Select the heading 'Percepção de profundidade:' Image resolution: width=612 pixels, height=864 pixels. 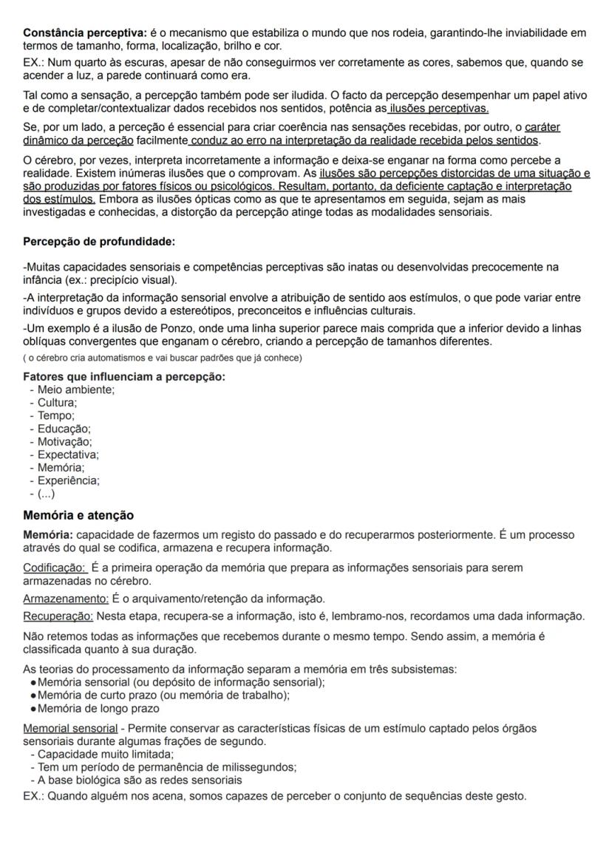click(x=99, y=242)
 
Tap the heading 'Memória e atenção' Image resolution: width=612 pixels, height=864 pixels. click(x=78, y=514)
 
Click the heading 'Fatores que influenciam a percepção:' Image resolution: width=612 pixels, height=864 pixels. click(x=124, y=377)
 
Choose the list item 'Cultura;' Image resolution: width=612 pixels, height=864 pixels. click(x=58, y=403)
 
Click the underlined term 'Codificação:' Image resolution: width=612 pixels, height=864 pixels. click(x=55, y=568)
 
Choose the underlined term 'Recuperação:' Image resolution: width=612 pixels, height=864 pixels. click(x=58, y=616)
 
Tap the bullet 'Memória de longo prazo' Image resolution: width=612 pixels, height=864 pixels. click(x=98, y=708)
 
